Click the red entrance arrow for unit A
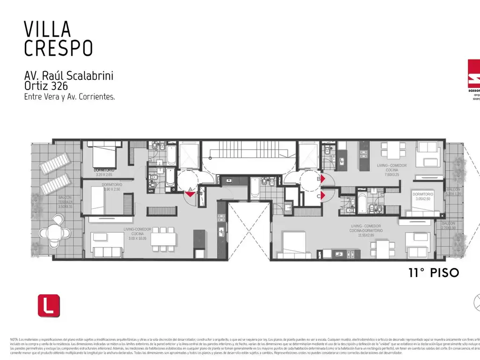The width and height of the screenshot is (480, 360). (x=190, y=194)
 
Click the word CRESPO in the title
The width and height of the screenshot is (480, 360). (x=58, y=48)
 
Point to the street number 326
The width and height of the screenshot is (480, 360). (x=60, y=86)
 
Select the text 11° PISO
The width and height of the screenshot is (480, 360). (x=433, y=273)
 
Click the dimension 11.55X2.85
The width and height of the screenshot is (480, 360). (x=366, y=235)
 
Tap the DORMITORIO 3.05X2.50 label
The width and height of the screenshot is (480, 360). (x=422, y=196)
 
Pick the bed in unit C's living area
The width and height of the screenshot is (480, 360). (x=292, y=245)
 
